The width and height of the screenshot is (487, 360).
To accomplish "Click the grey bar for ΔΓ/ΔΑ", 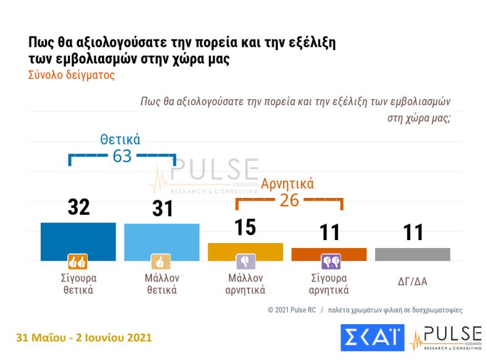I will coord(413,254).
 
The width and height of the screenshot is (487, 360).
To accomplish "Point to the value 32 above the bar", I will coord(78,207).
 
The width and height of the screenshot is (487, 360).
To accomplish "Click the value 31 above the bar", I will coord(163,208).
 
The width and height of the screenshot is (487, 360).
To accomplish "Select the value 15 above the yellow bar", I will coord(245,227).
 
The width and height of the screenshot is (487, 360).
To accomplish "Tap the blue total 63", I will coord(122,156).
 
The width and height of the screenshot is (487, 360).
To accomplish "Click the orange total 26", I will coord(289,200).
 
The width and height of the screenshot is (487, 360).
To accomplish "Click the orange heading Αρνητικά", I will coord(287,184).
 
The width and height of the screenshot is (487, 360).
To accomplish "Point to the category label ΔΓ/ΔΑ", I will coord(413,281).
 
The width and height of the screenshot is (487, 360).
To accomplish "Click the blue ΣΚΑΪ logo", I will coord(372,338).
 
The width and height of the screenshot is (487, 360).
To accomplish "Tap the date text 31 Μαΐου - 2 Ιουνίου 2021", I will coord(83,338).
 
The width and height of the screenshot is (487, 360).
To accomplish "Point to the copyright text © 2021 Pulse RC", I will coord(292,309).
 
